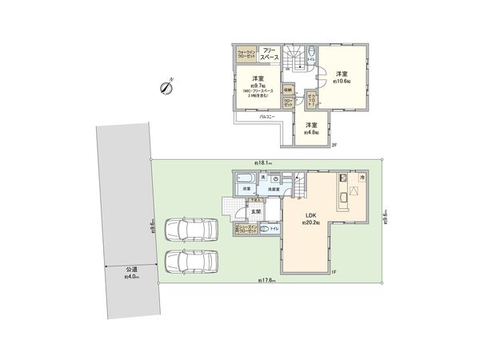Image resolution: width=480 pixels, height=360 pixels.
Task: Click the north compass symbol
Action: pyautogui.click(x=166, y=86)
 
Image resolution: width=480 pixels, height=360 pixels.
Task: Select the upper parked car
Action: pyautogui.click(x=191, y=230)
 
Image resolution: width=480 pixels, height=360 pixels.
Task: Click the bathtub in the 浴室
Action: pyautogui.click(x=246, y=178)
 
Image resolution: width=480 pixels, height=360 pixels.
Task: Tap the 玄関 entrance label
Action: pyautogui.click(x=256, y=212)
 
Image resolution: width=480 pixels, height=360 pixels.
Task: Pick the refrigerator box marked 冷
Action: pyautogui.click(x=362, y=177)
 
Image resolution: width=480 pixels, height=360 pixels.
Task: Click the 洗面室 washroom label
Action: pyautogui.click(x=274, y=190)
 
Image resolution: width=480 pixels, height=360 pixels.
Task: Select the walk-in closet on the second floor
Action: pyautogui.click(x=246, y=56)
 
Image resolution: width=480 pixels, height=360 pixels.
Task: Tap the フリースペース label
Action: pyautogui.click(x=270, y=56)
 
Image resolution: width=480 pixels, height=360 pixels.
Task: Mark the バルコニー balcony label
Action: pyautogui.click(x=266, y=118)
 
